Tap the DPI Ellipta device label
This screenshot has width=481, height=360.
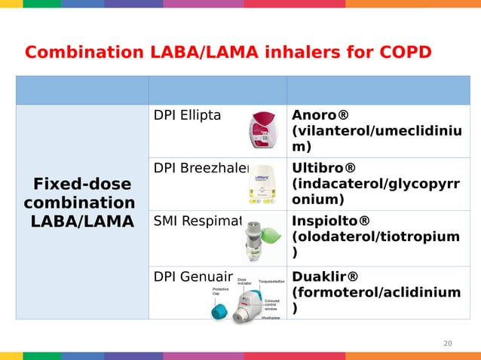[x=187, y=115]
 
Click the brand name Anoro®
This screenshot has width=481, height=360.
[x=320, y=115]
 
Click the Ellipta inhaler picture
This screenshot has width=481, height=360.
[x=265, y=130]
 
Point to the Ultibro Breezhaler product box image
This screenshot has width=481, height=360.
[x=262, y=184]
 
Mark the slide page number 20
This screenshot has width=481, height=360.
[x=448, y=343]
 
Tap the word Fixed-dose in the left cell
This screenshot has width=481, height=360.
[x=81, y=185]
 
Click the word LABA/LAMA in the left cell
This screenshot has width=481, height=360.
[x=81, y=221]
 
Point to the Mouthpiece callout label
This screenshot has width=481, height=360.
[x=271, y=317]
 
